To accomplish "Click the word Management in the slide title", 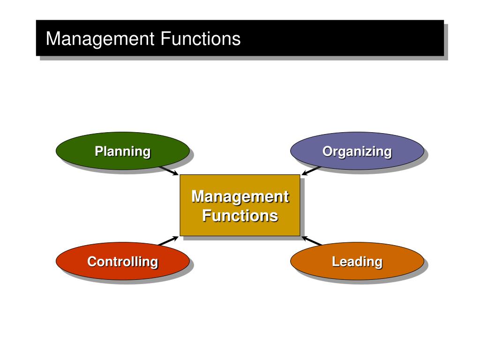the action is (100, 39).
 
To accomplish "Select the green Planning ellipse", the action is (123, 151).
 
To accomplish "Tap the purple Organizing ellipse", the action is (357, 151).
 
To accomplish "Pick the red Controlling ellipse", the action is (123, 261).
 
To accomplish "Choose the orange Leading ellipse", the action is (357, 261).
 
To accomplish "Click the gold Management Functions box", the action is (240, 205).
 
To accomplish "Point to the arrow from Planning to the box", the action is (169, 171).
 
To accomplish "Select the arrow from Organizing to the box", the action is (311, 171).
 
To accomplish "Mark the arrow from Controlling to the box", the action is (169, 240).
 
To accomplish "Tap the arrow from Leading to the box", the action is (311, 240).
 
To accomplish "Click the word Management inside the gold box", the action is (240, 197).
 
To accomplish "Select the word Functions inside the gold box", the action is (240, 216).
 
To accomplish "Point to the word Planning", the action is (123, 152).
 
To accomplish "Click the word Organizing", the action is (357, 152).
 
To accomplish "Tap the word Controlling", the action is (123, 262).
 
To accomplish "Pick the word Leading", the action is (357, 262).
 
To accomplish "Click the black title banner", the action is (240, 38).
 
